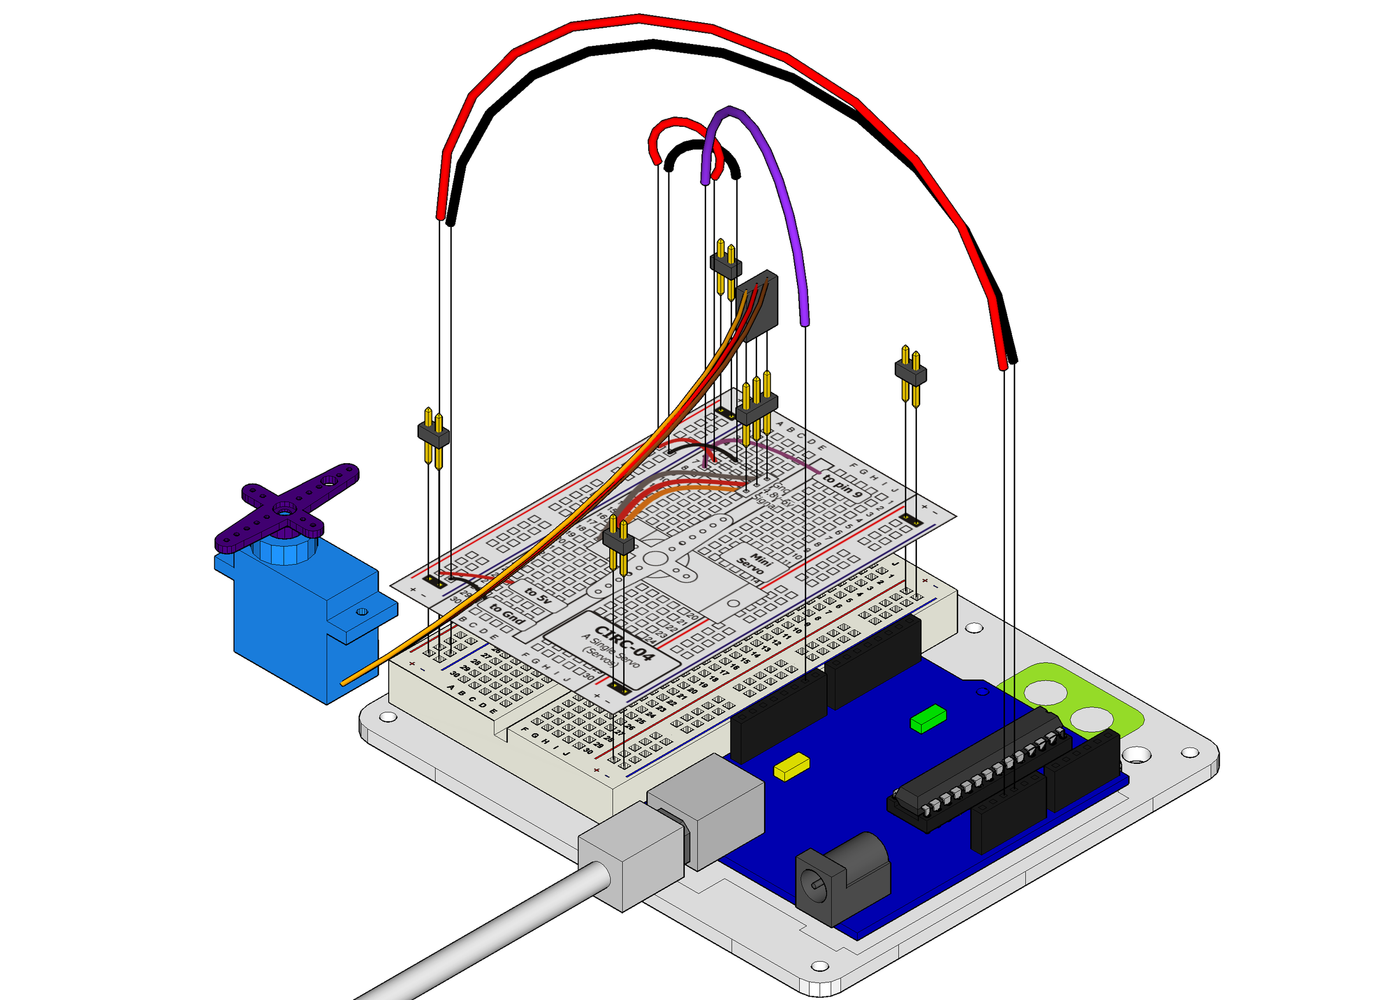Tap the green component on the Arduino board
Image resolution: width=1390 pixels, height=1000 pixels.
pos(928,718)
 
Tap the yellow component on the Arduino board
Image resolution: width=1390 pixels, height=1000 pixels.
pos(791,767)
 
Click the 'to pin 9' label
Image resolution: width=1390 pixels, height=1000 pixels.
pos(842,485)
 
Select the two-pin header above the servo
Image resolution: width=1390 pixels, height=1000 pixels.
pos(433,435)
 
